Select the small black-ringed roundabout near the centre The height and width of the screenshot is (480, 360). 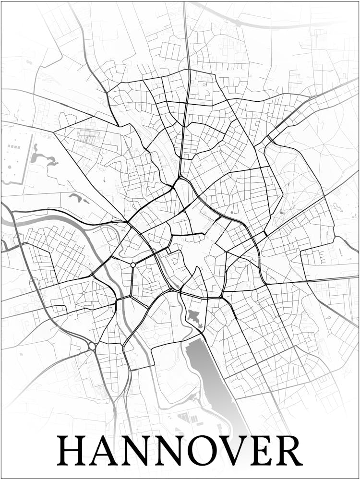coord(133,264)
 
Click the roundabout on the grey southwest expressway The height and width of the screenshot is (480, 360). coord(92,346)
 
